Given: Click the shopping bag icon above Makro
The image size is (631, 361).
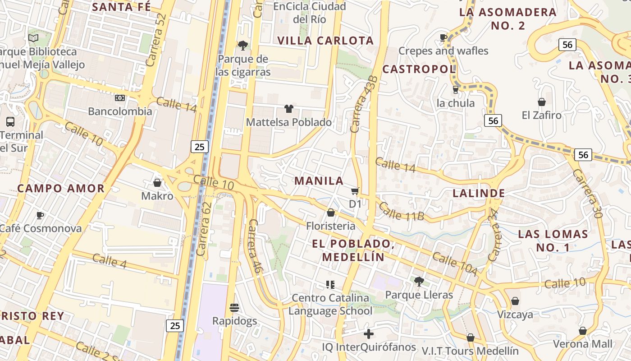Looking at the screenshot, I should coord(157,183).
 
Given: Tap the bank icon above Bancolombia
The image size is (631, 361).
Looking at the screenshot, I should coord(120,97).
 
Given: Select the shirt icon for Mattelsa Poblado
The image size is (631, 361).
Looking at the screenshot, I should coord(289,109).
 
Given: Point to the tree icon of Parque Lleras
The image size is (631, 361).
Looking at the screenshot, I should coord(419,282).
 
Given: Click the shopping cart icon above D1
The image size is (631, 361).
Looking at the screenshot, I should coord(355,191).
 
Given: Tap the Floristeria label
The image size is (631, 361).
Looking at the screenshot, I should coord(331,226).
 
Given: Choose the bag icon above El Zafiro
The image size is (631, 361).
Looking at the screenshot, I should coord(542,102).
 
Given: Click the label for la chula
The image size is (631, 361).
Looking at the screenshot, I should coord(456,103).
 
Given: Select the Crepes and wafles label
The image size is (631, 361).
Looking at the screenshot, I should coord(444,51).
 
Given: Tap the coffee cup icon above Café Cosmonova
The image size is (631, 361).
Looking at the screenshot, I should coord(40,215).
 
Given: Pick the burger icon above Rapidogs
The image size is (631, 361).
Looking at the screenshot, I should coord(234,308).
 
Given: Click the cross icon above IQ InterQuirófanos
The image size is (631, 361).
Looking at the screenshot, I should coord(369,334).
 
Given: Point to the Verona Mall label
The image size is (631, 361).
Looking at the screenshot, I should coord(583,344).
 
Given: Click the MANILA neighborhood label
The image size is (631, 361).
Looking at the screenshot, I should coord(319,181).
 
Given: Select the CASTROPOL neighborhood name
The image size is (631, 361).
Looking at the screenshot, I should coord(419,69).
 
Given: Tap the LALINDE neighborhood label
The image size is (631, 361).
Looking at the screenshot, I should coord(479,194).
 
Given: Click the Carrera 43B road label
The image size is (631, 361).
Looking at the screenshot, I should coord(363,104).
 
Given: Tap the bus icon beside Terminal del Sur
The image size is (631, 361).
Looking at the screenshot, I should coord(10,121).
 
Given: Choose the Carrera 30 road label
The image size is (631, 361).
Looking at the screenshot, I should coord(588,194).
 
